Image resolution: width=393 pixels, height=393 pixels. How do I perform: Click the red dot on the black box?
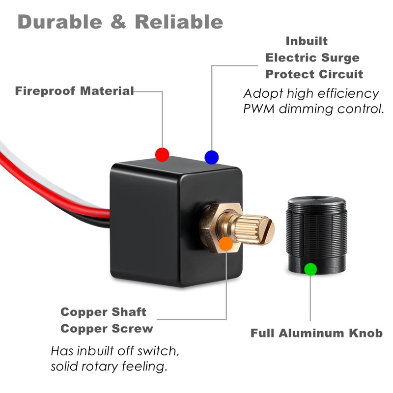point(162,154)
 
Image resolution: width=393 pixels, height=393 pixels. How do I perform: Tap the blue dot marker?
point(211,157)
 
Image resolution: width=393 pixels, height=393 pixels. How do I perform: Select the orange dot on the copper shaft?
point(225,243)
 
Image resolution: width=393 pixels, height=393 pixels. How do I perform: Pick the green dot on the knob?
point(310,269)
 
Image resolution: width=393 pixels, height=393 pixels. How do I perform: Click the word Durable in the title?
point(63,22)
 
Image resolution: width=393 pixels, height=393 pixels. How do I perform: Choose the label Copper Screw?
point(107,328)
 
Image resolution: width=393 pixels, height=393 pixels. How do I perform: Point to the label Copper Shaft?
point(103,312)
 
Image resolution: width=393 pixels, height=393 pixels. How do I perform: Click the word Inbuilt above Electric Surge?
point(307,41)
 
